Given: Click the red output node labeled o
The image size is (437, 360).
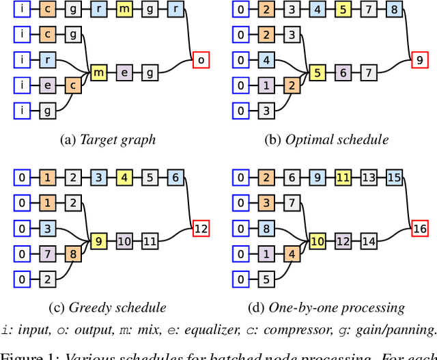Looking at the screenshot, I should coord(201,60).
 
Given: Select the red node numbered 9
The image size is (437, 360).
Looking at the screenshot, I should coord(419,60).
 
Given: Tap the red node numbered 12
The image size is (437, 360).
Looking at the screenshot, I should coord(201,228).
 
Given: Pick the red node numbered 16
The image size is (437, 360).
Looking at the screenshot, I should coord(419,228).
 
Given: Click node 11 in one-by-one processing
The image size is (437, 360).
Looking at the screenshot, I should coord(343,178).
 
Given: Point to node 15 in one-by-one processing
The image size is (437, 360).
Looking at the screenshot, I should coord(394,178).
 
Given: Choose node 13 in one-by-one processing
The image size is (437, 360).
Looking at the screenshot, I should coord(369,178).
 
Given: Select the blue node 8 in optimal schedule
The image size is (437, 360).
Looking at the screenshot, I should coord(394,10).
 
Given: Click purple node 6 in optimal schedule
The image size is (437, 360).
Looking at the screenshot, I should coord(343,72).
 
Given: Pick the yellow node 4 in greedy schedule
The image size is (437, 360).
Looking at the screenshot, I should coord(124,178).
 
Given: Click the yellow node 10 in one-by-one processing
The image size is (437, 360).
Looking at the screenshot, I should coord(318,240).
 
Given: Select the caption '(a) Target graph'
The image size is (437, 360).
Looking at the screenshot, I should coord(109,140).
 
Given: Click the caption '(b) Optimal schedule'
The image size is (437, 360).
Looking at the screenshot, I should coord(327,140).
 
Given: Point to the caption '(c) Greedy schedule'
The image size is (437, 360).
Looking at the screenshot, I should coord(109,307).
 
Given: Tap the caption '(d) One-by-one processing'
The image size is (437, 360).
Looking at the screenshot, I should coord(327,307).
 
